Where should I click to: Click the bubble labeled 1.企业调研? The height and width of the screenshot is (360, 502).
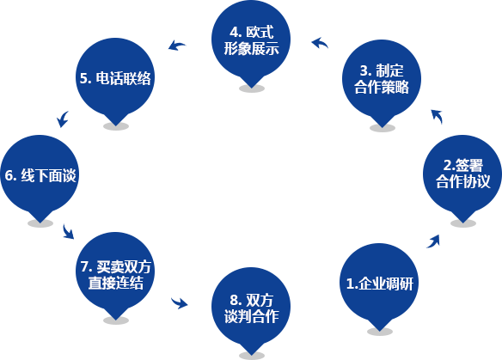point(379,284)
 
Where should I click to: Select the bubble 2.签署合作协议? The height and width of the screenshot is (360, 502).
point(462,174)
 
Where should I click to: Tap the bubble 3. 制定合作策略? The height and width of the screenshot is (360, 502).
point(382,79)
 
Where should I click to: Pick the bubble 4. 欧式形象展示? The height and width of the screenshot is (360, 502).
point(251,40)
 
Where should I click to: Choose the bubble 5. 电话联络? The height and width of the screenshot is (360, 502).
point(115,78)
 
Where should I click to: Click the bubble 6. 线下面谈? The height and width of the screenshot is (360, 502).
point(40,174)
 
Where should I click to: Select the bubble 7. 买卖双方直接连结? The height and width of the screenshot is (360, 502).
point(115,272)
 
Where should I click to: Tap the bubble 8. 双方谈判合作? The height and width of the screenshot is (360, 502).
point(251,308)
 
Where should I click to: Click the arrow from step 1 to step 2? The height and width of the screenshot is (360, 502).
point(433,241)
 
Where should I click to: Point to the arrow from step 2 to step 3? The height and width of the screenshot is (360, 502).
point(438,116)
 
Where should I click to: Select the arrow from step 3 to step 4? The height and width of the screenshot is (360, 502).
point(320,43)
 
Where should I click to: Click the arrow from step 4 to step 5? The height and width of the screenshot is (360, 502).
point(176,46)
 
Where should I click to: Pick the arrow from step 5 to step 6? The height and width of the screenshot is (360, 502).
point(63,119)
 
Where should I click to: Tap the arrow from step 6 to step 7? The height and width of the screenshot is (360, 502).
point(68,232)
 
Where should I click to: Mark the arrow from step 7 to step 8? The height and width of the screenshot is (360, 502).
point(180,303)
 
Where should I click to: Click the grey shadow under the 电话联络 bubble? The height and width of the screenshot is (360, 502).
point(116,126)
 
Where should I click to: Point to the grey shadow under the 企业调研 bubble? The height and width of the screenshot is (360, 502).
point(380,332)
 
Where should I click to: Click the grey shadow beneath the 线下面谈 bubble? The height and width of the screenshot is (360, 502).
point(40,223)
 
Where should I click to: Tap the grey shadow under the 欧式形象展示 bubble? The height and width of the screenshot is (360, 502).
point(252,88)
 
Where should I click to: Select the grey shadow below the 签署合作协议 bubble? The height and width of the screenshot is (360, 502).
point(463,223)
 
